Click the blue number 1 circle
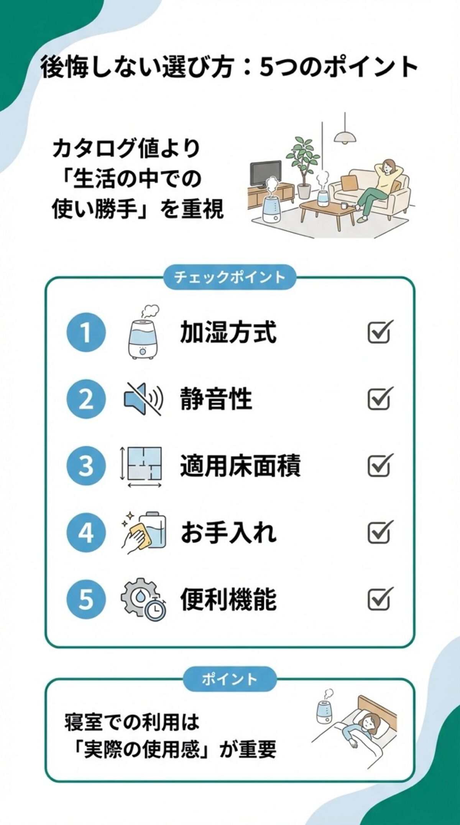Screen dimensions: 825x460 pyautogui.click(x=85, y=332)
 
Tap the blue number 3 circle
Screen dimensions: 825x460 pyautogui.click(x=85, y=466)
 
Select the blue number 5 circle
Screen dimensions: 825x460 pyautogui.click(x=85, y=599)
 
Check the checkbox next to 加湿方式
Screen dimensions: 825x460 pyautogui.click(x=379, y=332)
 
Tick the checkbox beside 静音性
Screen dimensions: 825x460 pyautogui.click(x=379, y=399)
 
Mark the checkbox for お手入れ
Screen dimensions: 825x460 pyautogui.click(x=379, y=532)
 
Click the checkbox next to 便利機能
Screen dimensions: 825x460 pyautogui.click(x=379, y=599)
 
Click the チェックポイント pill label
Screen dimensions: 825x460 pyautogui.click(x=230, y=277)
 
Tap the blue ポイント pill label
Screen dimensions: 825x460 pyautogui.click(x=230, y=679)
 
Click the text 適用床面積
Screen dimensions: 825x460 pyautogui.click(x=240, y=466)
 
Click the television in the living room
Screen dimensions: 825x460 pyautogui.click(x=266, y=173)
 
